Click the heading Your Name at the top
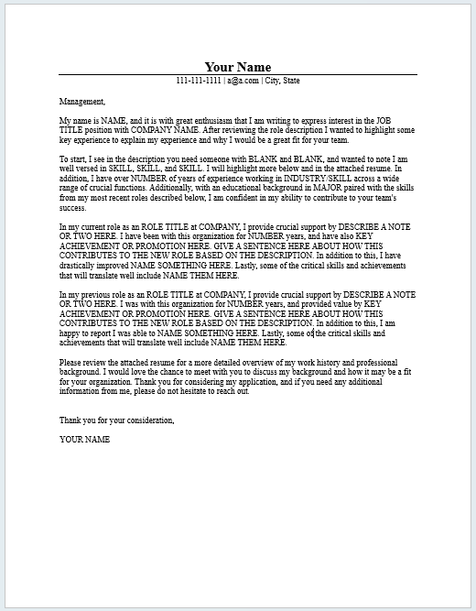coord(237,66)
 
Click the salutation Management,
coord(82,102)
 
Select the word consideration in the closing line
coord(144,420)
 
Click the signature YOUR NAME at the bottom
coord(85,439)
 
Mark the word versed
coord(81,169)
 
